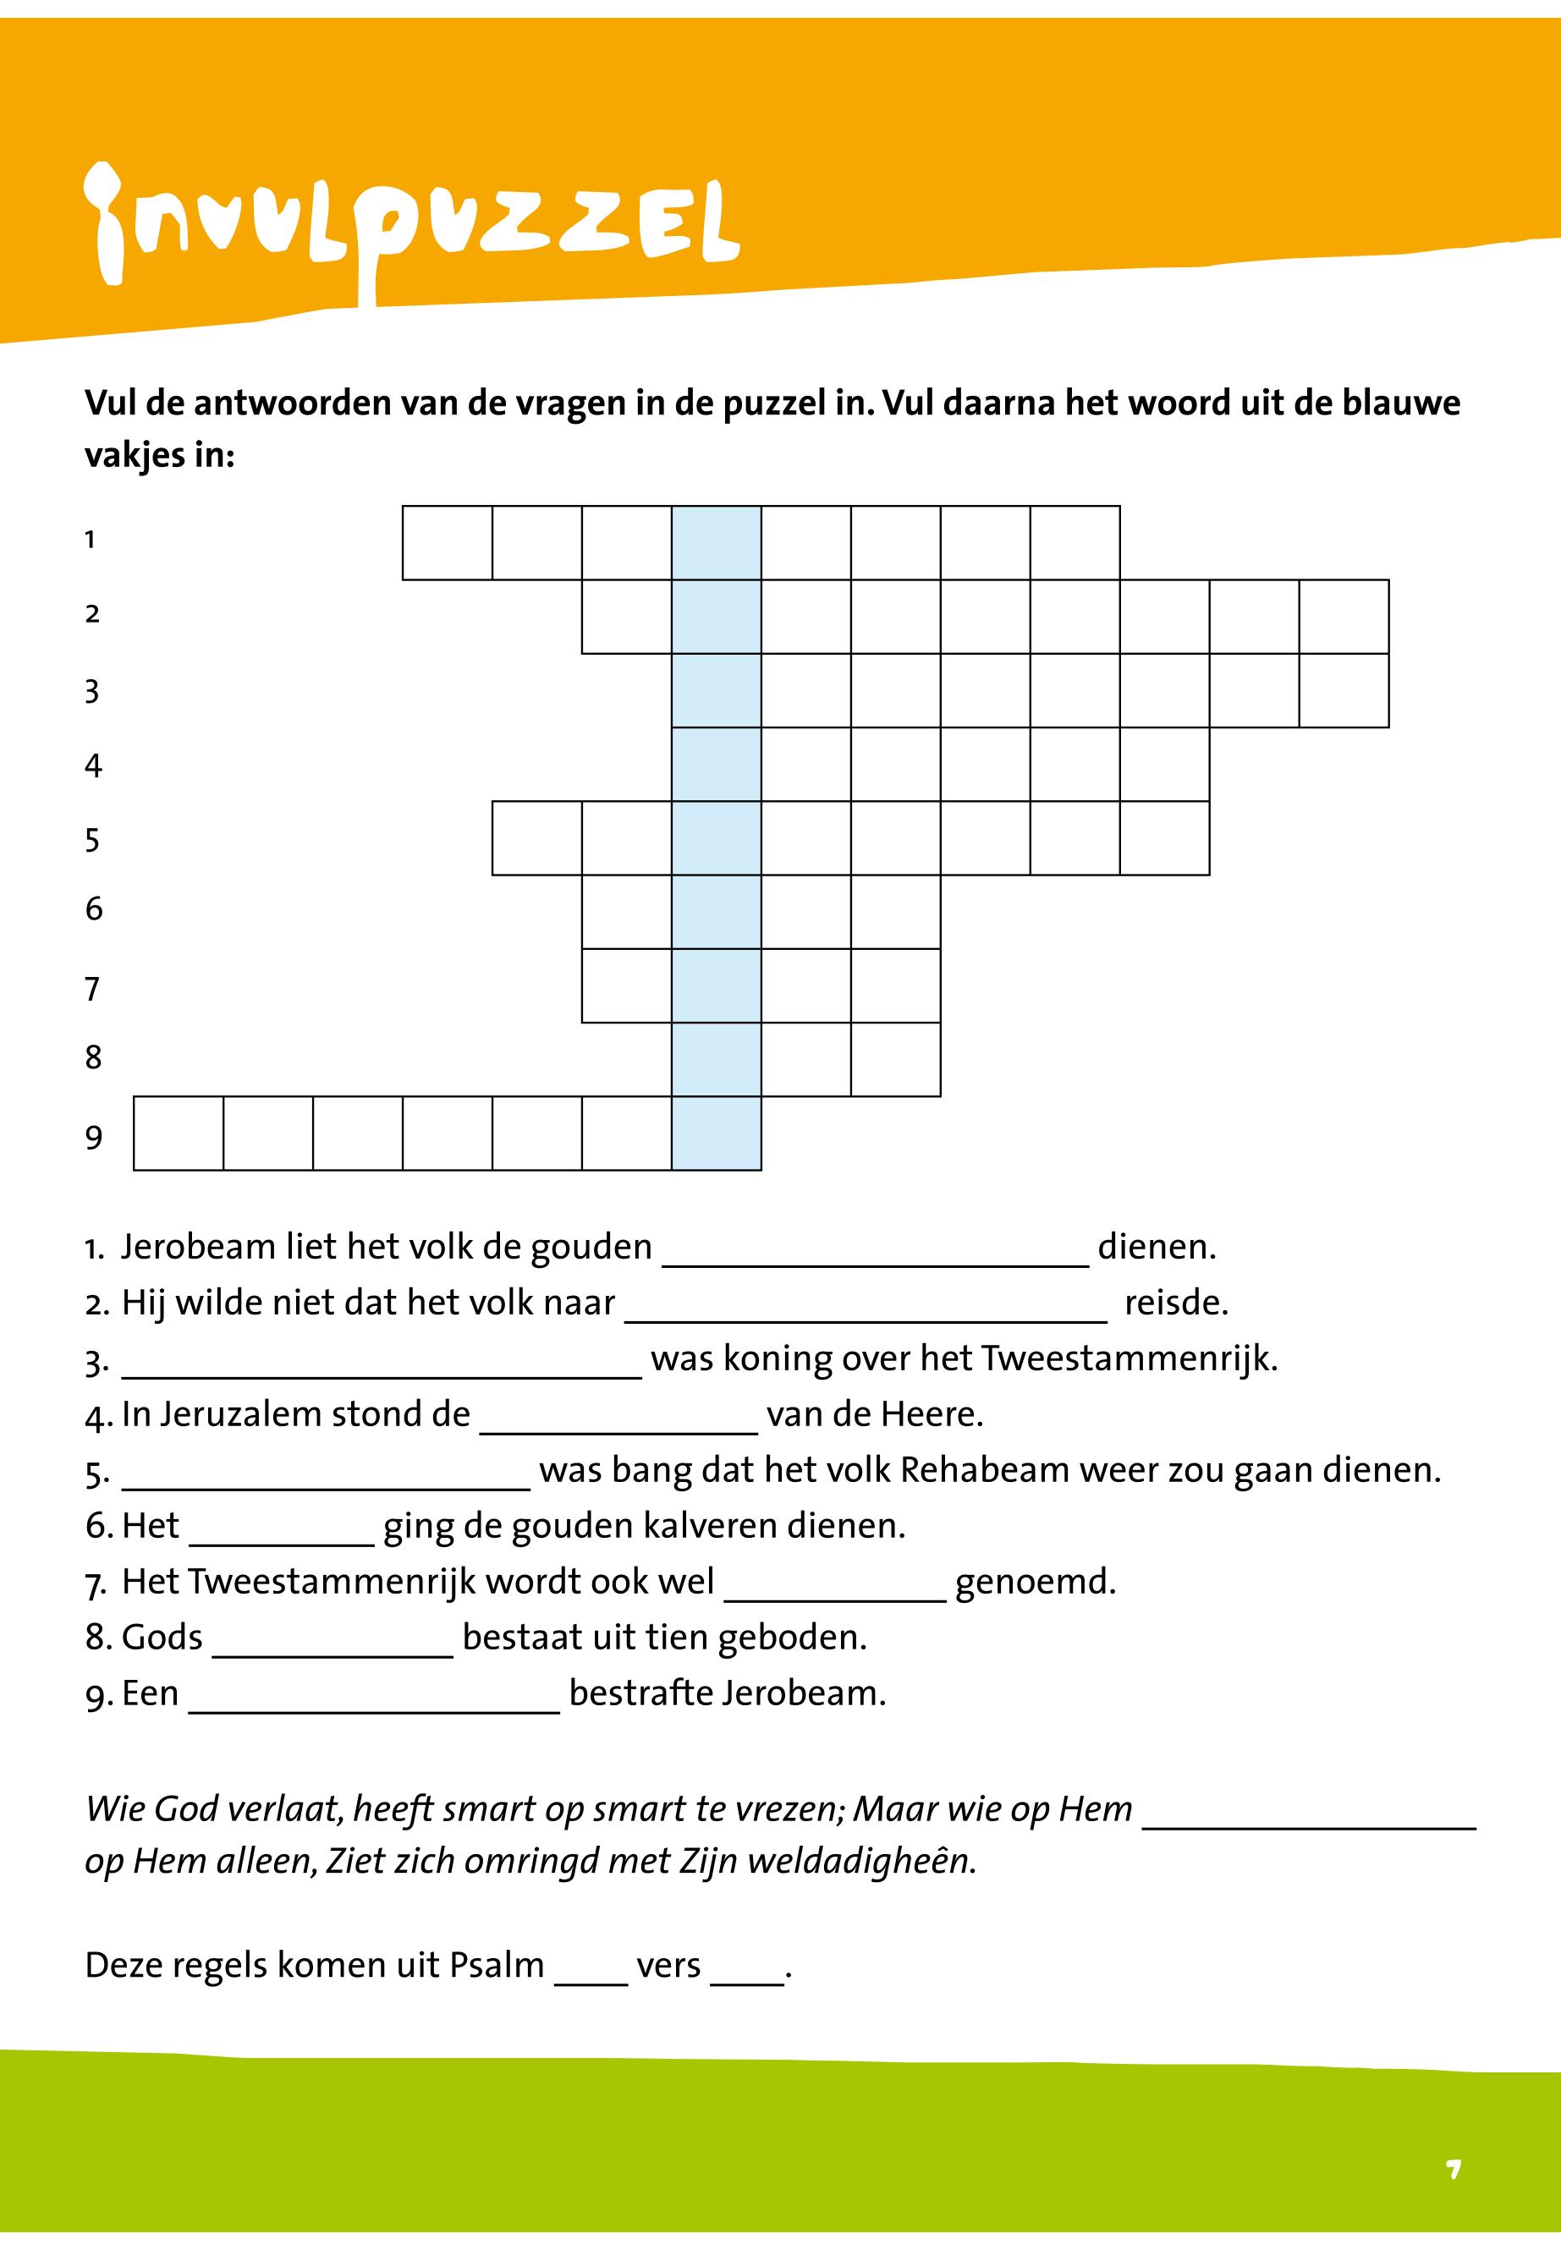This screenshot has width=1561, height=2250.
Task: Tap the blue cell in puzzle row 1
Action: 716,543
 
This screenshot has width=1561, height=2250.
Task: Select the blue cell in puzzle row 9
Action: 716,1133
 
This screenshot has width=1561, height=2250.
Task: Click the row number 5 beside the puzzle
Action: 93,840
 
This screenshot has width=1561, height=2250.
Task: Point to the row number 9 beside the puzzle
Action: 94,1137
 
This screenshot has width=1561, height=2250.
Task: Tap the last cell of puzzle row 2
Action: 1344,617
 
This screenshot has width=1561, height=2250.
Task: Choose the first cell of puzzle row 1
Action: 447,543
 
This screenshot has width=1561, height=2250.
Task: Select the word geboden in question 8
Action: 792,1637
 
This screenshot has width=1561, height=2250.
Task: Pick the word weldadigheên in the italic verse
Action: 860,1861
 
